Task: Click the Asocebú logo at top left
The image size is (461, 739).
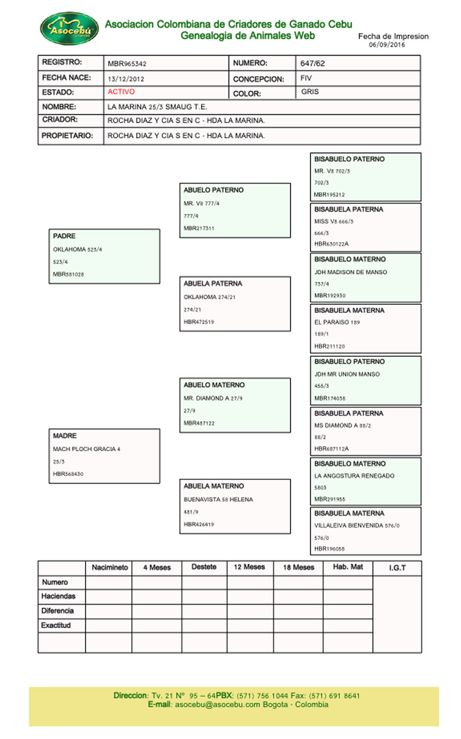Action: tap(69, 28)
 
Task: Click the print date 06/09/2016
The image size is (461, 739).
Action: tap(387, 45)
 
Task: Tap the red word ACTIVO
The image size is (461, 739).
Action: tap(121, 92)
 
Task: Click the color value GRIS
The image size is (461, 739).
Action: tap(310, 92)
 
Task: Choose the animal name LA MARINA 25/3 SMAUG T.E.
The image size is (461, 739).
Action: tap(158, 107)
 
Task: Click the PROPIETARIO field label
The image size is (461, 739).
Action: tap(67, 135)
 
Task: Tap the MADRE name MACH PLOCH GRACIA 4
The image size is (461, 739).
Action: tap(87, 449)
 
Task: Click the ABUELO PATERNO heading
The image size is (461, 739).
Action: tap(213, 190)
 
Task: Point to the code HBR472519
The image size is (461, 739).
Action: tap(199, 322)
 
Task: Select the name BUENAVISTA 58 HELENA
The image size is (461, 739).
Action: tap(218, 499)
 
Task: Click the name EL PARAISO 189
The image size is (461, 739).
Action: tap(337, 322)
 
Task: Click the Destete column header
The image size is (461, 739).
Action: tap(204, 567)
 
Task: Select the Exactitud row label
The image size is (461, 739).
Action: tap(56, 625)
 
